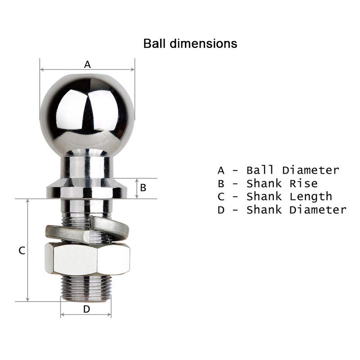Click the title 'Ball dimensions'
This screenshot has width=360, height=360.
[190, 44]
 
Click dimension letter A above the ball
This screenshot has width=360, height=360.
[87, 64]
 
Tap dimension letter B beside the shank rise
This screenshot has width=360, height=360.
[143, 188]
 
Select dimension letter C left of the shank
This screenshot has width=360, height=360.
[21, 251]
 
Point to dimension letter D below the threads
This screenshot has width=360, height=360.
[86, 309]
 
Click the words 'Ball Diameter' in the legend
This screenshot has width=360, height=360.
[292, 171]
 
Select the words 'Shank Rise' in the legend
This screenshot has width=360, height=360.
[282, 184]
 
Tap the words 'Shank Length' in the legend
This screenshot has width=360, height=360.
[289, 197]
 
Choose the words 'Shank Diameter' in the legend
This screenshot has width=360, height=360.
[296, 210]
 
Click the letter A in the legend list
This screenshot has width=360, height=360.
[220, 171]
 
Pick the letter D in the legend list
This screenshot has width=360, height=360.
[220, 210]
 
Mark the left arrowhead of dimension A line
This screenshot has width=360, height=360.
[41, 70]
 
